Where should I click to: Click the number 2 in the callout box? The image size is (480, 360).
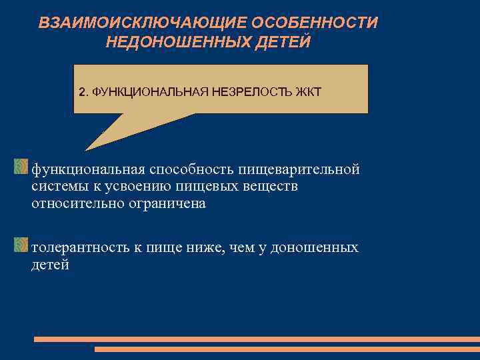coord(81,91)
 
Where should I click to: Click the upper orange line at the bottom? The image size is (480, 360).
coord(256,339)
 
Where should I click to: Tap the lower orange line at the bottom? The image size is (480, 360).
coord(287,349)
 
